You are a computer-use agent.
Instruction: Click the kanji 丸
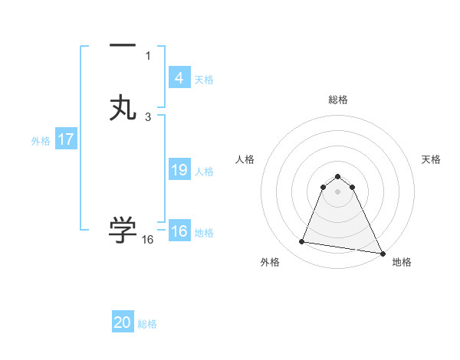coord(123,107)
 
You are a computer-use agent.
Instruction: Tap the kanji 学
coord(123,230)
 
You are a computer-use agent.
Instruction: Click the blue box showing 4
coord(179,78)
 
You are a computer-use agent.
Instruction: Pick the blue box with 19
coord(179,170)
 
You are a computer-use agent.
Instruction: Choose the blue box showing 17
coord(66,140)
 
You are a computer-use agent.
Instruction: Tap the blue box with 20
coord(123,322)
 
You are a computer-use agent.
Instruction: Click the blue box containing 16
coord(179,231)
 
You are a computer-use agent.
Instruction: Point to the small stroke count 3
coord(148,116)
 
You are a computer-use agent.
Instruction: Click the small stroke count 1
coord(148,55)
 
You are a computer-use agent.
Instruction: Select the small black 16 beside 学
coord(148,240)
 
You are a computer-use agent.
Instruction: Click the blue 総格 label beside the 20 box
coord(147,324)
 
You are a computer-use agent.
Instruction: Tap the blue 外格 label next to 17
coord(41,141)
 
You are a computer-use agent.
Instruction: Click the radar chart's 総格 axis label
coord(338,100)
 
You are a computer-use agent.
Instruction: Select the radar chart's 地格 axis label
coord(402,263)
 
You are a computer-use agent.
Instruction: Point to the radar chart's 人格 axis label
coord(245,159)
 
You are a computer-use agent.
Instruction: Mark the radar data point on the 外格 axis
coord(301,242)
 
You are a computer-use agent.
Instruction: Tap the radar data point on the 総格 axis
coord(338,175)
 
